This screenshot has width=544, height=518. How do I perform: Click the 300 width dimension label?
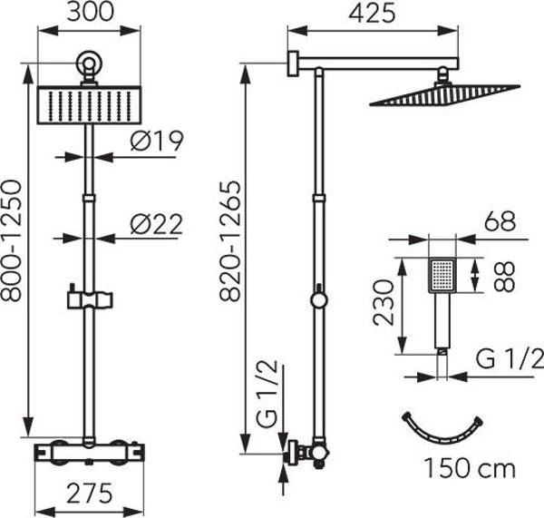click(90, 11)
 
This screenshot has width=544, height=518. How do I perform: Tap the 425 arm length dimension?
click(373, 14)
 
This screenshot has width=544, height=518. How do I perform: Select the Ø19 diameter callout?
click(157, 141)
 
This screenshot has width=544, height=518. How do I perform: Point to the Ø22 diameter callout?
click(157, 224)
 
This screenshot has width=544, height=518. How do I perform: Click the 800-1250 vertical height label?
click(11, 240)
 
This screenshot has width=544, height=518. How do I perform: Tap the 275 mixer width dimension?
click(90, 494)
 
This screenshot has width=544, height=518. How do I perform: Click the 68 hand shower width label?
click(500, 221)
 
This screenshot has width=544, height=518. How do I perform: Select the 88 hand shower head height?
click(504, 277)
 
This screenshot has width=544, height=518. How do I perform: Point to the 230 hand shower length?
click(384, 302)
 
